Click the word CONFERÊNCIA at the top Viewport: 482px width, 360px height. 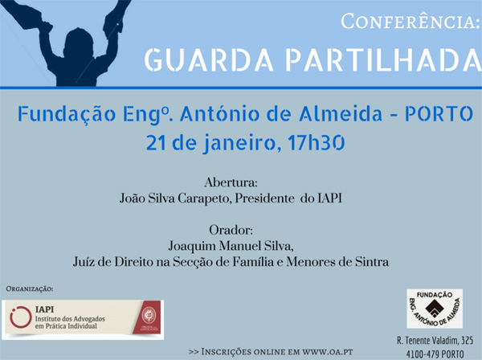tap(410, 22)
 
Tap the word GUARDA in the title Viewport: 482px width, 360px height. tap(209, 60)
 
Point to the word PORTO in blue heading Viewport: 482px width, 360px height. tap(439, 113)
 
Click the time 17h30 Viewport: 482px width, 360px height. tap(316, 142)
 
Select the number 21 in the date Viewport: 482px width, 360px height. tap(157, 143)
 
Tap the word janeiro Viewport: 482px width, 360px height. tap(239, 143)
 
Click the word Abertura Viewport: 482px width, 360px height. tap(230, 182)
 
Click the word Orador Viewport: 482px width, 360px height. tap(231, 230)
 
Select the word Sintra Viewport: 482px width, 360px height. tap(372, 262)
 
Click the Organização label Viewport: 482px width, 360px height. tap(30, 289)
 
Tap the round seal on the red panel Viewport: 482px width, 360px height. tap(149, 316)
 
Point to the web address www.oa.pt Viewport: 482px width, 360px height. tap(328, 351)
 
